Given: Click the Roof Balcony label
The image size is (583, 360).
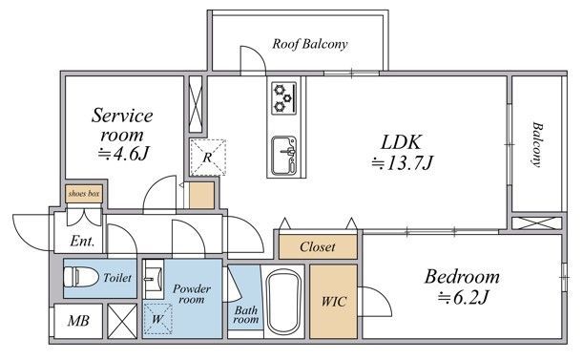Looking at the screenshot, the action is point(310,44).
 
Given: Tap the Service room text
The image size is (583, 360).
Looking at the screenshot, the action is point(122,125).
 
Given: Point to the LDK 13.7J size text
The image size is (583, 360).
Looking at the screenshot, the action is point(403,162).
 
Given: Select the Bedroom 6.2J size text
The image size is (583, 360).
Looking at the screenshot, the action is point(463,297).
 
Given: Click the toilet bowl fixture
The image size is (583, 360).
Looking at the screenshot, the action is point(81,277).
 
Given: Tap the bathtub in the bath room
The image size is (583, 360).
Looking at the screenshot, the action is point(283,302).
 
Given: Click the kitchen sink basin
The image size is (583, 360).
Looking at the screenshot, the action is point(284,156).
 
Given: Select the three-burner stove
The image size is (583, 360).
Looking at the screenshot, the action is point(284,98).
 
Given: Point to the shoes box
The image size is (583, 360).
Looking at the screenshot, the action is point(84,194).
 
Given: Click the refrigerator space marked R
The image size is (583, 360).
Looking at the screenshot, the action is point(207,158).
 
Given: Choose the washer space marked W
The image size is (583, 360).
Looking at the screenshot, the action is point(157,319).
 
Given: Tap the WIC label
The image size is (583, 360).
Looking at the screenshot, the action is point(334,301).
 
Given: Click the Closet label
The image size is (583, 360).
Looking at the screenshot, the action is point(318,246).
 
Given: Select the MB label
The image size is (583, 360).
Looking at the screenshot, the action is point(78,321).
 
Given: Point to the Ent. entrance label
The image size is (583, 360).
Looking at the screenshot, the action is point(82,241).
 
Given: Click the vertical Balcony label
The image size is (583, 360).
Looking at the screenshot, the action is point(537,144).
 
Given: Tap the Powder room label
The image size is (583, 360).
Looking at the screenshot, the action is point(192,294).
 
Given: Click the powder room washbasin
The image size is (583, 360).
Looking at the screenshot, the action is point(154,279).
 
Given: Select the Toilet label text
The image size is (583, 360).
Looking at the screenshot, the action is point(117,278).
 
